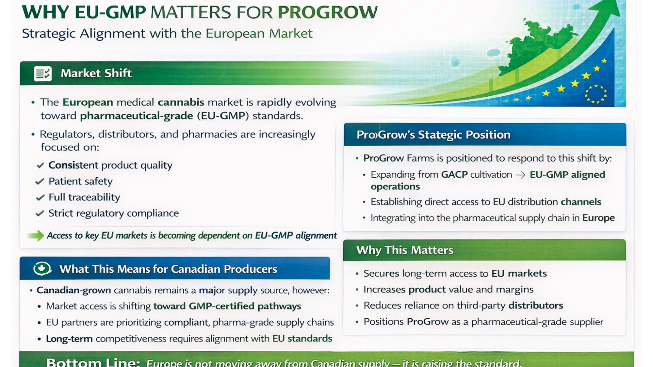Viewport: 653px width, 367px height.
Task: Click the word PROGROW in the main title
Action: (328, 12)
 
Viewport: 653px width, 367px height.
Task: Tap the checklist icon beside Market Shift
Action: (43, 73)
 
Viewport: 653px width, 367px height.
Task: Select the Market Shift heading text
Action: (96, 73)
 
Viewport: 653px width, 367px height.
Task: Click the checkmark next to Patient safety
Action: (40, 182)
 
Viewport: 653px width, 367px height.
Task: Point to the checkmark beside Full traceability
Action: (40, 198)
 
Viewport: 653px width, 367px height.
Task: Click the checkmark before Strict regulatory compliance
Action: (40, 214)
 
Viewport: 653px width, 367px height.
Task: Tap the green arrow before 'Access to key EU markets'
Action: (36, 235)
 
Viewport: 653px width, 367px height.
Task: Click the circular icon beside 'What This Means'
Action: (42, 269)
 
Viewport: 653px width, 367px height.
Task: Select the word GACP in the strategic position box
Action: (454, 175)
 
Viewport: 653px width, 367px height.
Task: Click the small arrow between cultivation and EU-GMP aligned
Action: (521, 175)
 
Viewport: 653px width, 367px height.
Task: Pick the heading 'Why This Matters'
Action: (405, 250)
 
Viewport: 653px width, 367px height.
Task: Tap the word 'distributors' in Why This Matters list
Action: (536, 305)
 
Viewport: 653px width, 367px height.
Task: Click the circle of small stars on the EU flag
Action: (596, 94)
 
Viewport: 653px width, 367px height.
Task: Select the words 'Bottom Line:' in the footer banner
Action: (93, 362)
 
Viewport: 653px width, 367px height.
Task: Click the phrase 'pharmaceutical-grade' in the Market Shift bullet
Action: (137, 116)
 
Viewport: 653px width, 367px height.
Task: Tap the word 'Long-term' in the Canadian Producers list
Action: (69, 339)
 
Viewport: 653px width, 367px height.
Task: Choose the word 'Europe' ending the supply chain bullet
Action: (599, 218)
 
